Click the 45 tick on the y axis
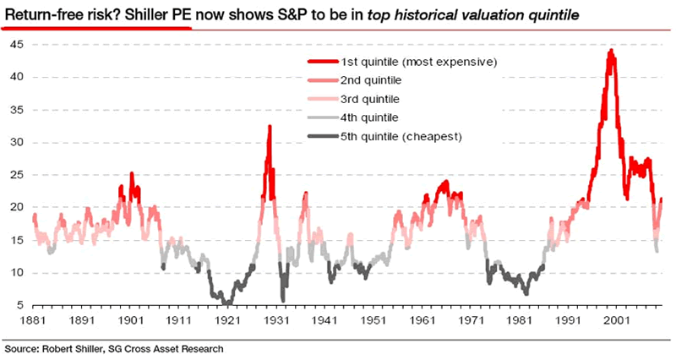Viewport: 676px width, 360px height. pyautogui.click(x=18, y=44)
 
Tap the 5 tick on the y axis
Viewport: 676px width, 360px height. pyautogui.click(x=21, y=306)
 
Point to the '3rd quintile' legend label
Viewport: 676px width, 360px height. pyautogui.click(x=370, y=99)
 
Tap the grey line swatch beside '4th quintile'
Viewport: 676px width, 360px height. pyautogui.click(x=321, y=117)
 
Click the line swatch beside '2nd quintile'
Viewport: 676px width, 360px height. pyautogui.click(x=321, y=80)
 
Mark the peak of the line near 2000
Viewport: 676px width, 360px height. pyautogui.click(x=610, y=51)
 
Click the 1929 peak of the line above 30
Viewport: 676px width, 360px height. pyautogui.click(x=270, y=126)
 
